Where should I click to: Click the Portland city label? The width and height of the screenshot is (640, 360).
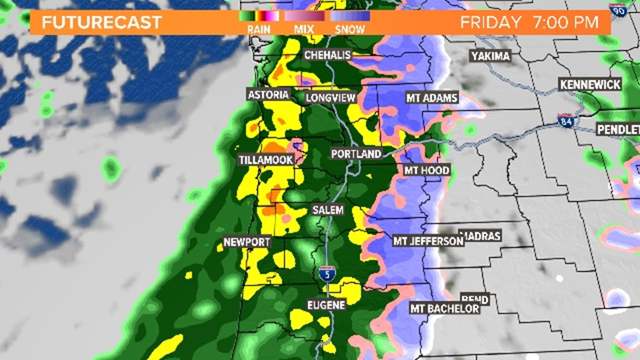[356, 154]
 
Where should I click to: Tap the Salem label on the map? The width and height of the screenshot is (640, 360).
[328, 210]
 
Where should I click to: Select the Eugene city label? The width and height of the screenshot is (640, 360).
[326, 305]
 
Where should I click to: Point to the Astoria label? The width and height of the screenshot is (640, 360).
[268, 95]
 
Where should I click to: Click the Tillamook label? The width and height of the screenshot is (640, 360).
[266, 160]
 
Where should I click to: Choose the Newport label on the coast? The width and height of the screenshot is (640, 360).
[247, 242]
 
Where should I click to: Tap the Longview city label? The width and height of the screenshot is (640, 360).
[331, 98]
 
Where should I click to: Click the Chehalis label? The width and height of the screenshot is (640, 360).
[327, 55]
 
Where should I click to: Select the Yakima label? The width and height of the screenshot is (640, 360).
[491, 56]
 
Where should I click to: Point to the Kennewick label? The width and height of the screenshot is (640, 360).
[590, 85]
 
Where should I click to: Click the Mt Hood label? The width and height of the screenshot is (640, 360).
[427, 170]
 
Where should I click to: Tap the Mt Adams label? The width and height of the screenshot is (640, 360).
[432, 98]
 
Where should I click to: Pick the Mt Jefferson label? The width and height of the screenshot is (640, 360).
[428, 241]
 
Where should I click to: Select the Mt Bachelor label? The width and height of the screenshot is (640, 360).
[445, 309]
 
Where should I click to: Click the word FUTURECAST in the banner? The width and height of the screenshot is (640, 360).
[102, 22]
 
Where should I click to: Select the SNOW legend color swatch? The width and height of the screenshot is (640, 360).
[350, 16]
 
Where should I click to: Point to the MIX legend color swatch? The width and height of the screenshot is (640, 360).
[304, 16]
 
